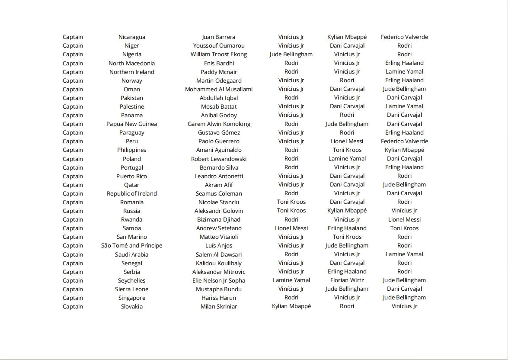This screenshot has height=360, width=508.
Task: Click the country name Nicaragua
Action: (x=132, y=37)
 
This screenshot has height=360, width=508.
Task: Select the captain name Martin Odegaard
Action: (x=219, y=80)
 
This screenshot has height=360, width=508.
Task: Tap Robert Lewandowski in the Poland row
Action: (x=219, y=159)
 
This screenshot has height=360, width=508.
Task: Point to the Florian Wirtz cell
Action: (x=347, y=280)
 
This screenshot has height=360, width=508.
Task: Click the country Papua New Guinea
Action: (x=132, y=124)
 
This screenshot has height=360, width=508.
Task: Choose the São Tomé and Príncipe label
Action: (x=132, y=246)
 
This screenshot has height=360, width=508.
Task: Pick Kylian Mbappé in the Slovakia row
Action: (x=291, y=306)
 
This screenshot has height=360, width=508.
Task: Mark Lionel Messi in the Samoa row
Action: (x=291, y=228)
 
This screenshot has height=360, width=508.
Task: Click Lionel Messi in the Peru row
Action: (x=347, y=141)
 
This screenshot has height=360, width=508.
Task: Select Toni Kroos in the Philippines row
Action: (x=347, y=150)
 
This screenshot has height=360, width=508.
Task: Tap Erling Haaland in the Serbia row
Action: (x=347, y=272)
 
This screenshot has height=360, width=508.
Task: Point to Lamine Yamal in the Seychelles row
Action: (x=291, y=280)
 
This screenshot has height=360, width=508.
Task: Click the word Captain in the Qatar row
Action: (x=73, y=185)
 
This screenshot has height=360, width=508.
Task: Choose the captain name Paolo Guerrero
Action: (x=219, y=141)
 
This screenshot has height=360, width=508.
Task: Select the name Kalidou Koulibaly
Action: (x=219, y=263)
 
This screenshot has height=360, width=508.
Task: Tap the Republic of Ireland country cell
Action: (x=132, y=193)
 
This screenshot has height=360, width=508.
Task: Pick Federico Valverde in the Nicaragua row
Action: (x=404, y=37)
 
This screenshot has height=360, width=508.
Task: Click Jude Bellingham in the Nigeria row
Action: (x=291, y=55)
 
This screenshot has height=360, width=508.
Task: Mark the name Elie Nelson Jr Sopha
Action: (x=219, y=280)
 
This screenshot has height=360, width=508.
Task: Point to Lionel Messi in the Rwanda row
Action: (x=404, y=220)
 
